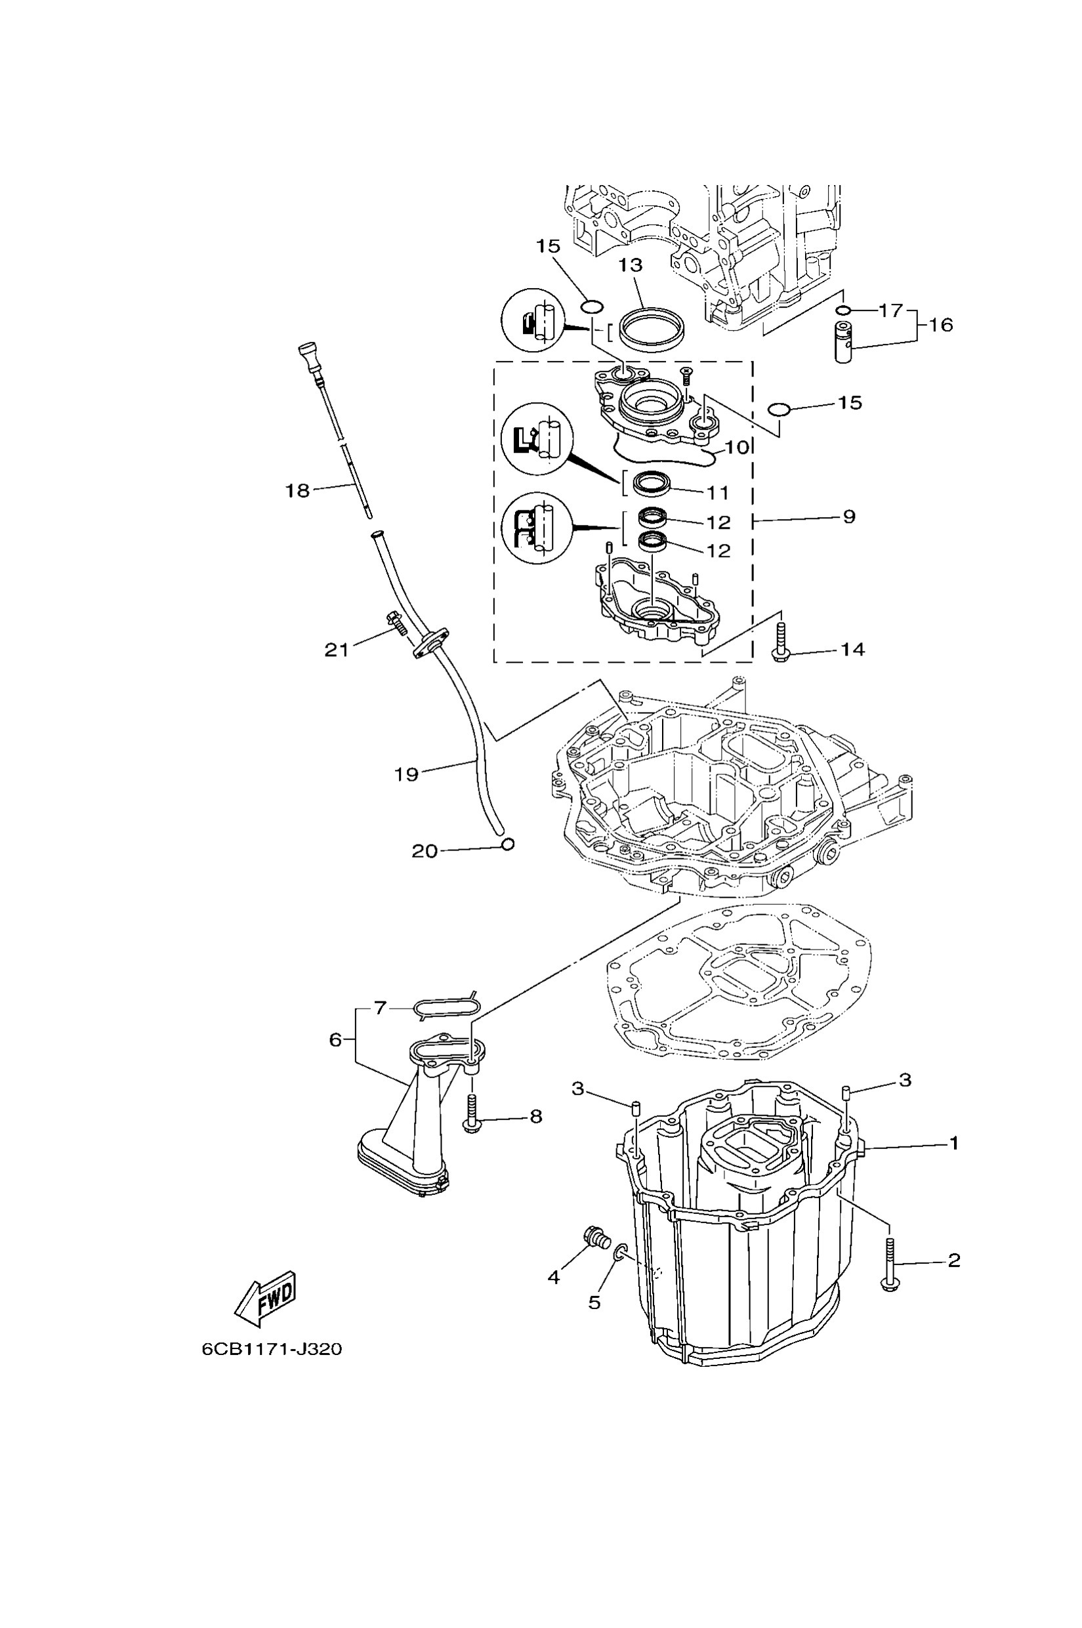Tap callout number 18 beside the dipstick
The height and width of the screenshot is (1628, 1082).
298,491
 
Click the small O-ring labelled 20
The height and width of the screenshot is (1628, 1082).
508,843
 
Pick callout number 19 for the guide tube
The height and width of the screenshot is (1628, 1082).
406,774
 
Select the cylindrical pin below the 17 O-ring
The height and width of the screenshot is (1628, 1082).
843,342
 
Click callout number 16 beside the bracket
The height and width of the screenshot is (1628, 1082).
940,324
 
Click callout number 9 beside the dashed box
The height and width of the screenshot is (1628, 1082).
849,516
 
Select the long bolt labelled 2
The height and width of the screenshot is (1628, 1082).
890,1266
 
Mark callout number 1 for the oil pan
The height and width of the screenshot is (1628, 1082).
953,1144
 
